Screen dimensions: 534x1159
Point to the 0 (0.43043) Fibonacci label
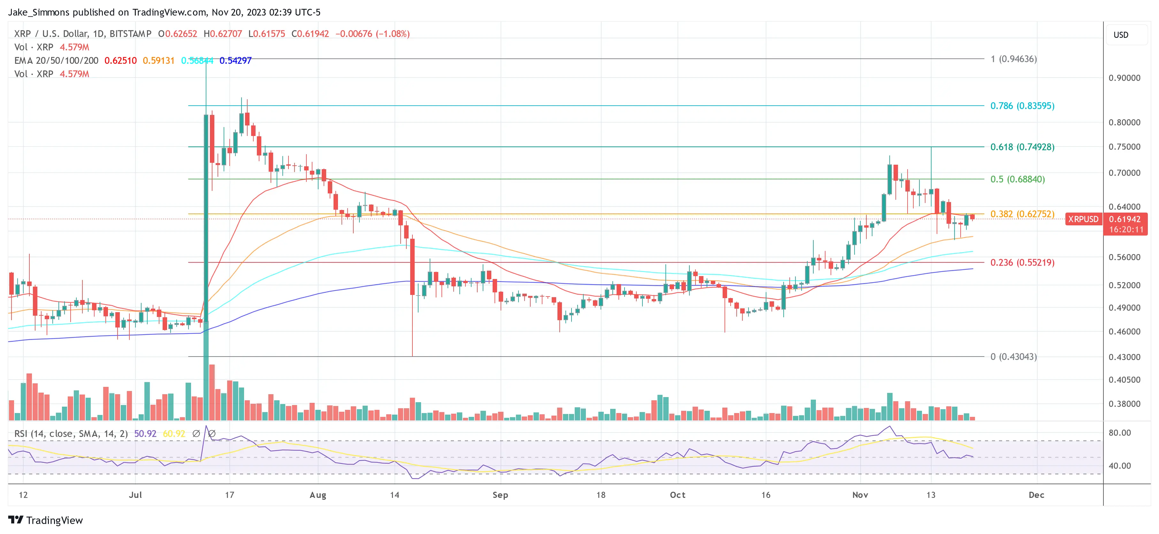[1013, 357]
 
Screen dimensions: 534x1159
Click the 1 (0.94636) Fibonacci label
[1013, 59]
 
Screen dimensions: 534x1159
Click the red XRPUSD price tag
[1083, 219]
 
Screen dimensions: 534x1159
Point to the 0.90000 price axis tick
[1124, 78]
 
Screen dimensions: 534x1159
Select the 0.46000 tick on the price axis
[1124, 332]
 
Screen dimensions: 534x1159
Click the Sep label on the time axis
[500, 495]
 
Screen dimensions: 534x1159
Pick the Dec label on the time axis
[1036, 495]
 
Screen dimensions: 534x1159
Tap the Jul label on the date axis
[135, 495]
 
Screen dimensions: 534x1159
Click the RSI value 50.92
[145, 434]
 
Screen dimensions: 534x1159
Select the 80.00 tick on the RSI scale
[1119, 433]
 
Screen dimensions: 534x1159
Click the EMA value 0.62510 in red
[120, 61]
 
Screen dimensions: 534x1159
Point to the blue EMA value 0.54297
[235, 61]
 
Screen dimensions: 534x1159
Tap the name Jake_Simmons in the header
[39, 12]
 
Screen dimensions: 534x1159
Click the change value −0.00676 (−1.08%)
[372, 34]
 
